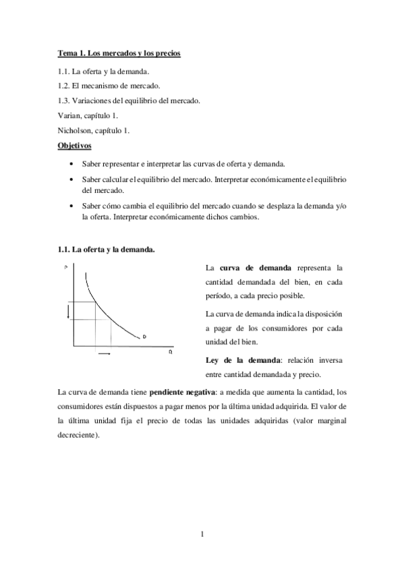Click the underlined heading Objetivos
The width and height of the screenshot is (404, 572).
coord(74,145)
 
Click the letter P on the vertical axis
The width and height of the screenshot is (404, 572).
coord(66,268)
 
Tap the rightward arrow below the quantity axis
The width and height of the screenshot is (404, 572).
coord(104,353)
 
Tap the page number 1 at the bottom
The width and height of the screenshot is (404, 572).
coord(202,535)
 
